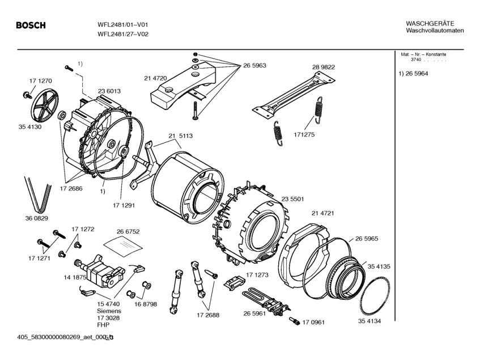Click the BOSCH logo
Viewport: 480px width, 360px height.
coord(31,26)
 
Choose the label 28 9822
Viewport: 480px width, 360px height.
coord(323,67)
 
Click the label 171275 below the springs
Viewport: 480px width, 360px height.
coord(304,135)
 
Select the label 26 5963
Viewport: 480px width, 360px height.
coord(254,66)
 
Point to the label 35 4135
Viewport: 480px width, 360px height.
coord(379,266)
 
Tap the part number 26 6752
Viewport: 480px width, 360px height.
coord(128,232)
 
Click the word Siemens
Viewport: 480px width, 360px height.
coord(109,311)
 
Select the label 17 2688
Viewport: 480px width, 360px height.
coord(208,315)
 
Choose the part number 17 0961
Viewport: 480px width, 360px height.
coord(313,323)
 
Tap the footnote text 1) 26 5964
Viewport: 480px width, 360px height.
coord(413,74)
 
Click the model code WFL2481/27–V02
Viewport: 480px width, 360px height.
coord(124,35)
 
